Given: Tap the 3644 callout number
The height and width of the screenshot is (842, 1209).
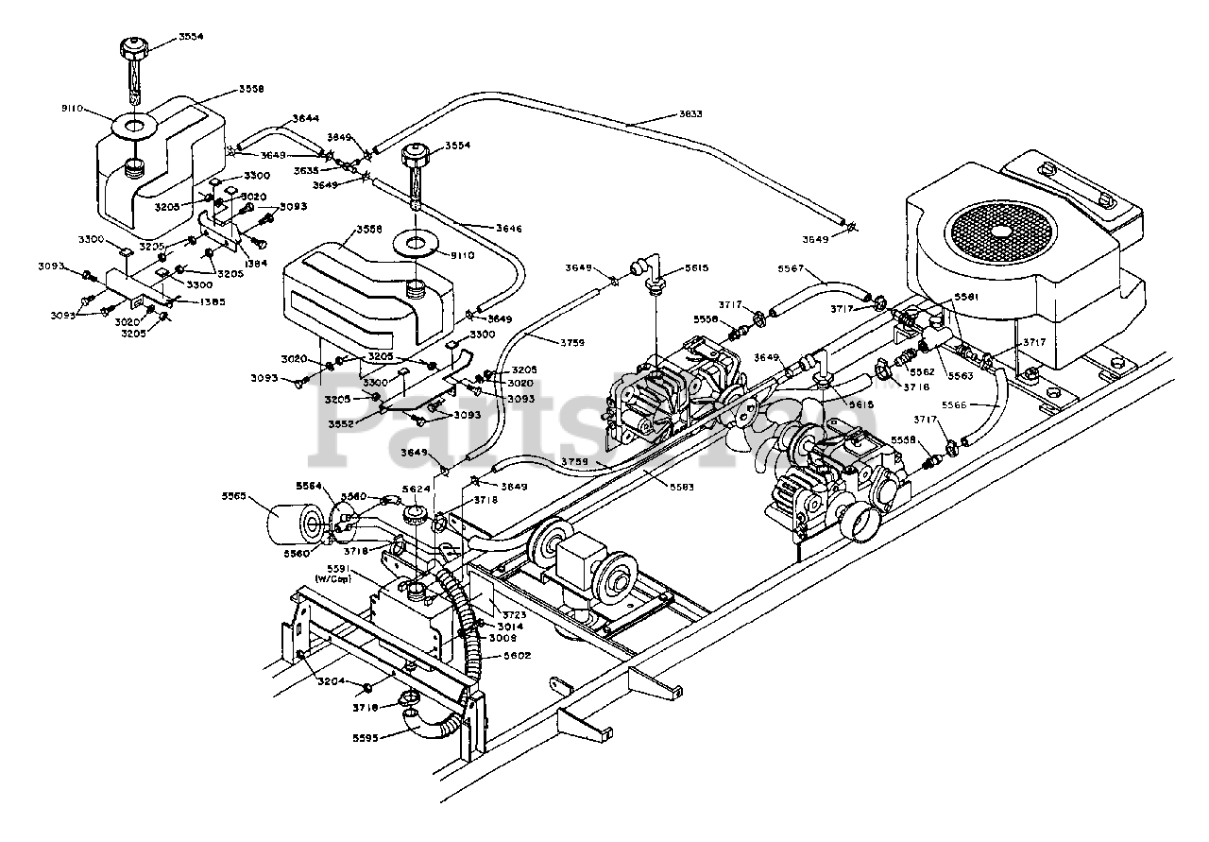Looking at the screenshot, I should coord(305,118).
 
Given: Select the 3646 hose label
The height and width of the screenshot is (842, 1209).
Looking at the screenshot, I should coord(508,227).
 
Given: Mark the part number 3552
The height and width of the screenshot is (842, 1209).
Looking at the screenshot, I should coord(342,423).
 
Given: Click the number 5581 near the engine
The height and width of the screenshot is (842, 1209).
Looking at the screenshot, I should coord(965,296).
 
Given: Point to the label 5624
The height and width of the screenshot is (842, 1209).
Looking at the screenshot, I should coord(417,489).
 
